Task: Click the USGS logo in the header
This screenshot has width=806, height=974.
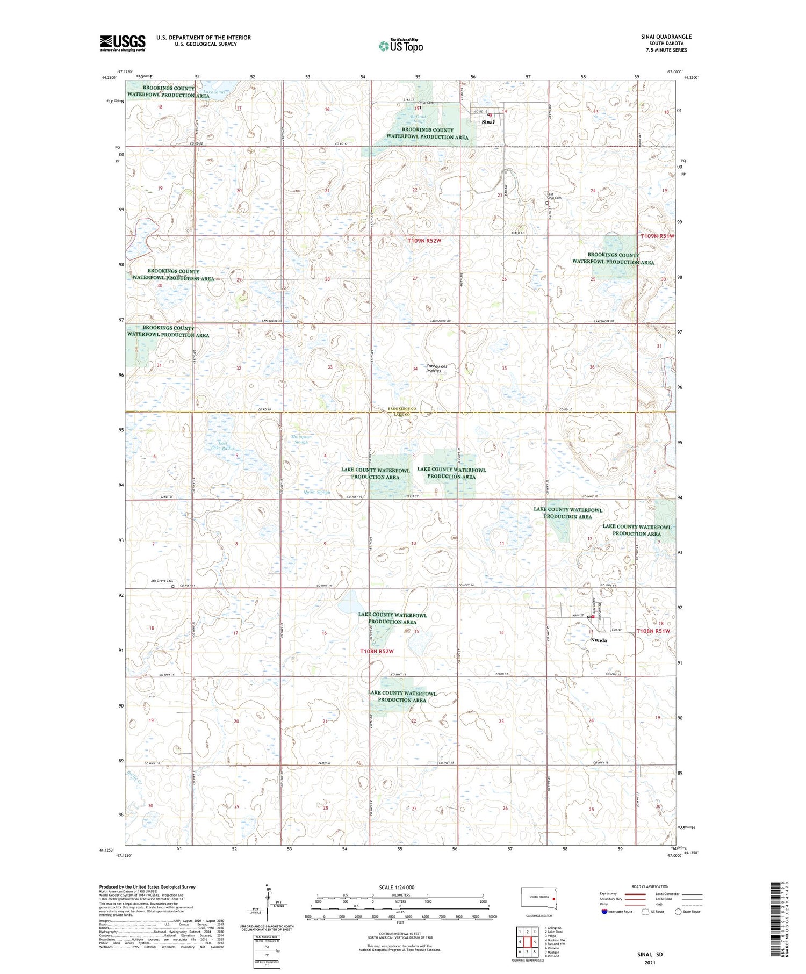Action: click(123, 43)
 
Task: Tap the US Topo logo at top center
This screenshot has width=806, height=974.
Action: click(400, 46)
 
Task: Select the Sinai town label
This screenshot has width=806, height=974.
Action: click(488, 122)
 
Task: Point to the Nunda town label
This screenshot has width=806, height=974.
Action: click(599, 640)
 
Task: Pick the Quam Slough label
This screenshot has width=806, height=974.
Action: click(316, 492)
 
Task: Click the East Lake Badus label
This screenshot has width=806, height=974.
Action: click(222, 445)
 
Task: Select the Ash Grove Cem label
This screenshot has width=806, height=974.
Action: click(161, 581)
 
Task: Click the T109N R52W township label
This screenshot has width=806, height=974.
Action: click(424, 241)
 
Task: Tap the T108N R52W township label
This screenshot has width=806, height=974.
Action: click(377, 652)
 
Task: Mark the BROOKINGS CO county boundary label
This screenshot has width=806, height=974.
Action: click(402, 409)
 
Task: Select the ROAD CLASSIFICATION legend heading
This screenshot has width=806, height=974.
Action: click(650, 886)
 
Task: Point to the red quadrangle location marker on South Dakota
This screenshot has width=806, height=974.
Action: click(553, 897)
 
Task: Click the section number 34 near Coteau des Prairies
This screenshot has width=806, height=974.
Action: click(415, 369)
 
